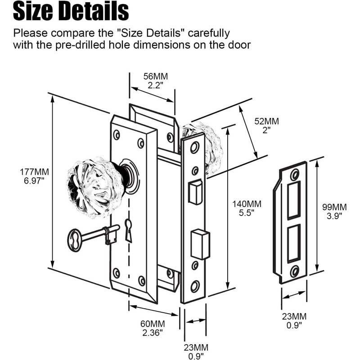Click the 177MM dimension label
[x=34, y=172]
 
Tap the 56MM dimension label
[x=155, y=76]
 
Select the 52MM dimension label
[x=266, y=121]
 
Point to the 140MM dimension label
[x=247, y=204]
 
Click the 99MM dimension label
[x=334, y=207]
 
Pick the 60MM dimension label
[x=153, y=324]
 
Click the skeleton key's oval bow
[x=75, y=240]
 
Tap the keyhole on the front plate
[x=129, y=230]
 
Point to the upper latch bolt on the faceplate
[x=195, y=192]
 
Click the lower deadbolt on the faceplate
[x=200, y=244]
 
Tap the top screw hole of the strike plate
[x=295, y=175]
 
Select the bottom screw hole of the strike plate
[x=294, y=272]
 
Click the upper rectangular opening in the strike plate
[x=294, y=200]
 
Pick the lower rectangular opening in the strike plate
[x=294, y=243]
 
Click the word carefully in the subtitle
[x=209, y=33]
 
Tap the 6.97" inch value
[x=34, y=180]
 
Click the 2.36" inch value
[x=153, y=333]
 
